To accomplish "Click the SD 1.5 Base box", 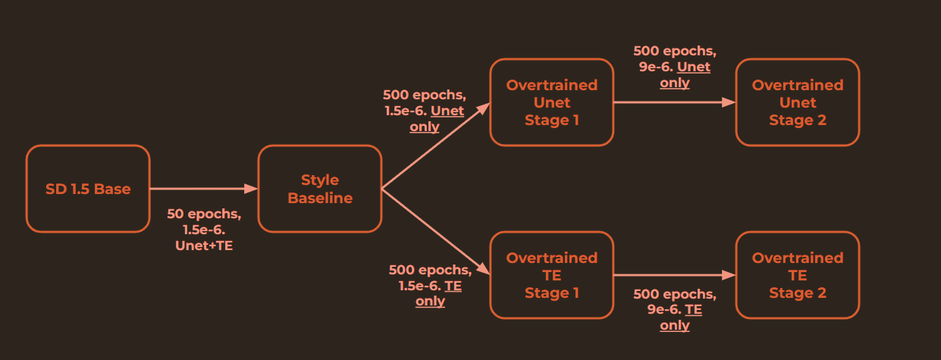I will (x=88, y=189).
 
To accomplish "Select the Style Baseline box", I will (x=320, y=189).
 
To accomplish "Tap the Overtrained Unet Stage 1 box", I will (x=551, y=102).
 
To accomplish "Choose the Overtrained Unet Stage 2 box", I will (x=797, y=102).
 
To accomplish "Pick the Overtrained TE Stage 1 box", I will (x=551, y=275).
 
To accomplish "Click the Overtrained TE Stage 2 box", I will (x=797, y=275).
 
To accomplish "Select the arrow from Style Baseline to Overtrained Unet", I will (x=436, y=146).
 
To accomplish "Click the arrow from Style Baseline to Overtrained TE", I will (x=436, y=232).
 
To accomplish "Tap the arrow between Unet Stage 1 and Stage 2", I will (x=673, y=102).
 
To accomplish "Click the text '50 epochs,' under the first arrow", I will (x=204, y=214).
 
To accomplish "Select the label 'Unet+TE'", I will (x=204, y=246).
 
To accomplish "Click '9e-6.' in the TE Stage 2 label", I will (x=664, y=309).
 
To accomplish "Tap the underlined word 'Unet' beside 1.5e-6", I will (x=447, y=111).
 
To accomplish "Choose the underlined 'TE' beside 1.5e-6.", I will (x=453, y=286).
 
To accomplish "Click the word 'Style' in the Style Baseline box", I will (x=320, y=180).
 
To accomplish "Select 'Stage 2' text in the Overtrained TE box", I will (x=797, y=293).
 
